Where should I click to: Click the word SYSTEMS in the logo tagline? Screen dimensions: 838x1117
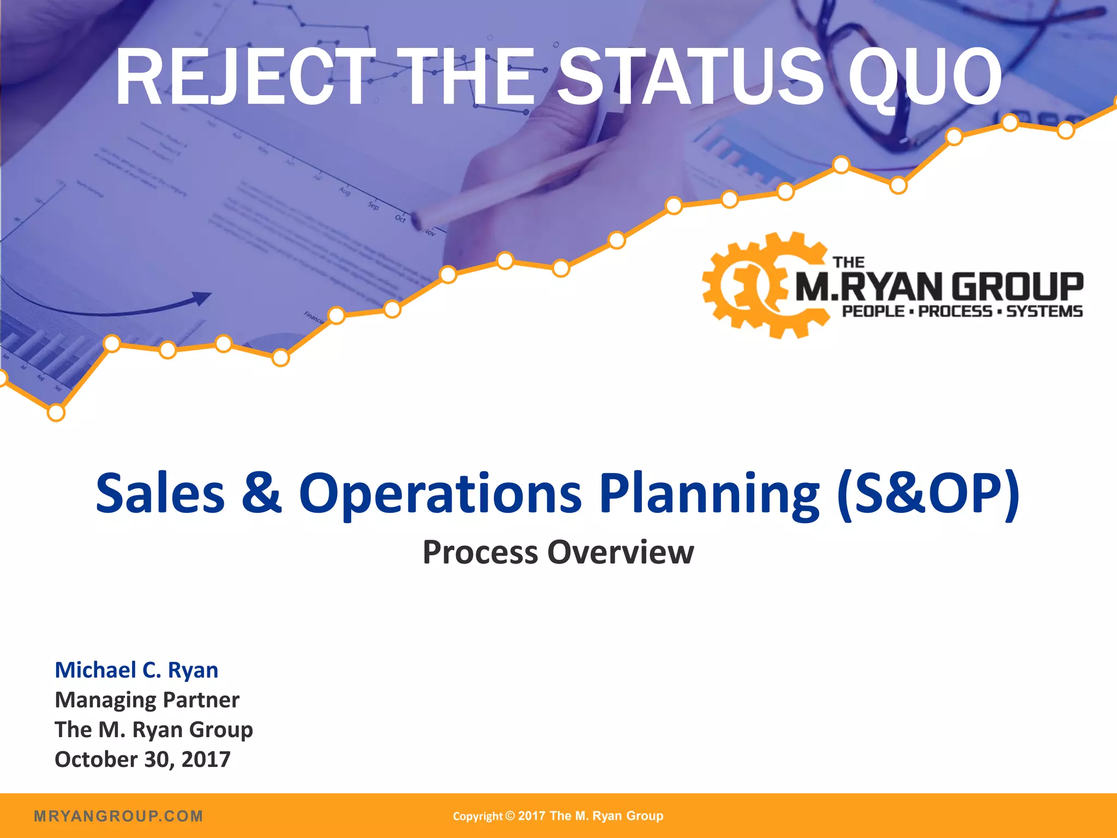point(1044,312)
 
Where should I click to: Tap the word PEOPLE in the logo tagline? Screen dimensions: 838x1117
point(873,312)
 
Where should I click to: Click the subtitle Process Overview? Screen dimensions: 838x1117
point(558,552)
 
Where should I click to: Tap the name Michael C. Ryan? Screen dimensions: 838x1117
point(136,670)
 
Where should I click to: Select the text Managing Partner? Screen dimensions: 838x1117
point(147,700)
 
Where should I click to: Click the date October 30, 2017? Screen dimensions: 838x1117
point(142,759)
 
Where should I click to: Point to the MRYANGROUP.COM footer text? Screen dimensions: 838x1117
point(118,816)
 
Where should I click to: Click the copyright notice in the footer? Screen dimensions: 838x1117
point(558,816)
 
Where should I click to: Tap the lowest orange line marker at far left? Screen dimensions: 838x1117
point(56,413)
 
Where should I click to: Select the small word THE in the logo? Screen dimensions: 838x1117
point(849,262)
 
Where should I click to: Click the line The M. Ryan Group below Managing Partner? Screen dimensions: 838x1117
point(154,730)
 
